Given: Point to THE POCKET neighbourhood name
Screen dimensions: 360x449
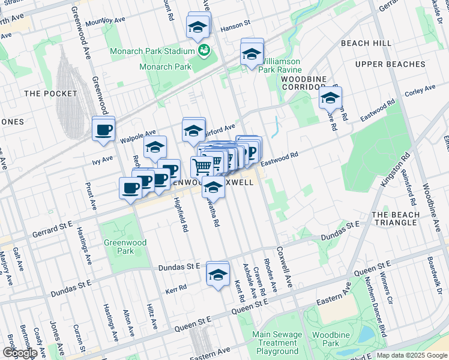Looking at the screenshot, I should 50,94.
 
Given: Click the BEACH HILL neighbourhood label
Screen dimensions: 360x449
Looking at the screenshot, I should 366,43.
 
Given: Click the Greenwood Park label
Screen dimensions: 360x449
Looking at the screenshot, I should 119,247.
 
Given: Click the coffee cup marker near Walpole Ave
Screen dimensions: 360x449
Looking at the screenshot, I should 103,129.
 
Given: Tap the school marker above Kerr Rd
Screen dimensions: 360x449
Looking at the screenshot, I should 217,274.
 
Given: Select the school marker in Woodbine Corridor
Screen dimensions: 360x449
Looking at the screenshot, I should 330,98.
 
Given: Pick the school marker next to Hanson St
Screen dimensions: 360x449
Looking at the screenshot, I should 198,26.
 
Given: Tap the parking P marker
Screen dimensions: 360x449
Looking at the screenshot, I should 252,151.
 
